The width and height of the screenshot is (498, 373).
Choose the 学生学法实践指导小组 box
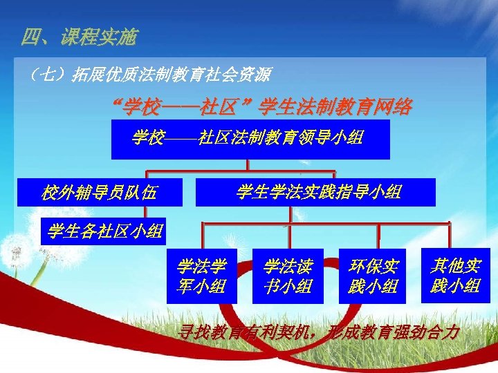pos(316,192)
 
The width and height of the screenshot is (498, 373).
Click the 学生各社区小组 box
pos(104,231)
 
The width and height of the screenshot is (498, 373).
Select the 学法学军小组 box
pos(202,276)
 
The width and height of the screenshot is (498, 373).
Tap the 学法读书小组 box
pos(288,276)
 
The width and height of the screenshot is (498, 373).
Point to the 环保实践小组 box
pos(373,276)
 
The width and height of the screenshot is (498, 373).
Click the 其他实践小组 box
pos(456,275)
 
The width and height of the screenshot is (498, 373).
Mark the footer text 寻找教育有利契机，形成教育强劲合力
pos(319,332)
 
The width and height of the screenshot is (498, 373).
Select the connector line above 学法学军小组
pos(202,235)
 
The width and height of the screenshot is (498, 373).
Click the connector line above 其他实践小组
pos(450,235)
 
